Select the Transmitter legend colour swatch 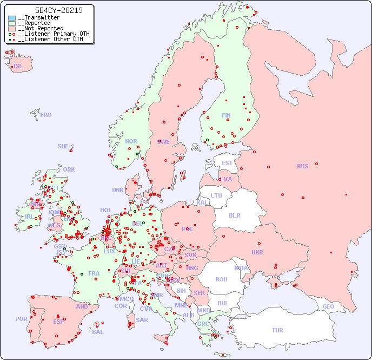pos(12,18)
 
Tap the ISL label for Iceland pos(18,67)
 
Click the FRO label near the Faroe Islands pos(46,115)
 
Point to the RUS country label pos(302,166)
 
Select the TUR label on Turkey pos(277,330)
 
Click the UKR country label pos(257,252)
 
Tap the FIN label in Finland pos(226,115)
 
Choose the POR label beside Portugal pos(21,319)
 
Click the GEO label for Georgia pos(328,306)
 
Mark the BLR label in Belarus pos(234,215)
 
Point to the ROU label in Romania pos(221,279)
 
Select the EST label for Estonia pos(227,163)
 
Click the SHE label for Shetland pos(63,146)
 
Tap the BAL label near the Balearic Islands pos(97,332)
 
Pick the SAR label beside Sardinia pos(142,320)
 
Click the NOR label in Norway pos(131,141)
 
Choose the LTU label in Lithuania pos(216,195)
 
